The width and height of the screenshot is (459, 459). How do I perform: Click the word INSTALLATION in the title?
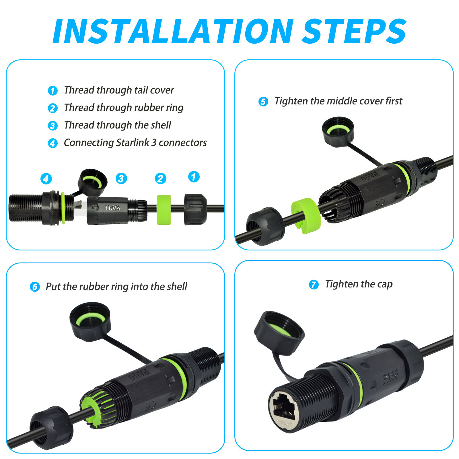173,31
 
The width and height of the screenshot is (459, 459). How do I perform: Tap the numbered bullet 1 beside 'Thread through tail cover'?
52,91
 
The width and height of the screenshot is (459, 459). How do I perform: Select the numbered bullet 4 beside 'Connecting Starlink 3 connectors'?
52,143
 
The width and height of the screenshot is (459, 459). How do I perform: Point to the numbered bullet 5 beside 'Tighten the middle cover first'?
263,102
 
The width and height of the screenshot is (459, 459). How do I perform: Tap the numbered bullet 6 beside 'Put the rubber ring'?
35,287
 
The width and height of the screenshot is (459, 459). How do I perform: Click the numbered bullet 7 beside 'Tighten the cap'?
314,285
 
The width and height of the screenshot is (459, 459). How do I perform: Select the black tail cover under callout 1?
195,209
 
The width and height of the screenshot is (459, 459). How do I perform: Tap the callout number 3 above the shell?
121,178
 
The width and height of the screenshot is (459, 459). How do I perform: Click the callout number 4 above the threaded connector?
46,178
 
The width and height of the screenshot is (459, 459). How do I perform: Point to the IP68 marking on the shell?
113,207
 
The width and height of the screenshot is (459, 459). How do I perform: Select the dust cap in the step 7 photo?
279,333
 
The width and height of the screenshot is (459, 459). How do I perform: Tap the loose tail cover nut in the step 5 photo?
265,226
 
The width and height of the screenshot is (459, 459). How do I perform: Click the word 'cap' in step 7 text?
385,285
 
